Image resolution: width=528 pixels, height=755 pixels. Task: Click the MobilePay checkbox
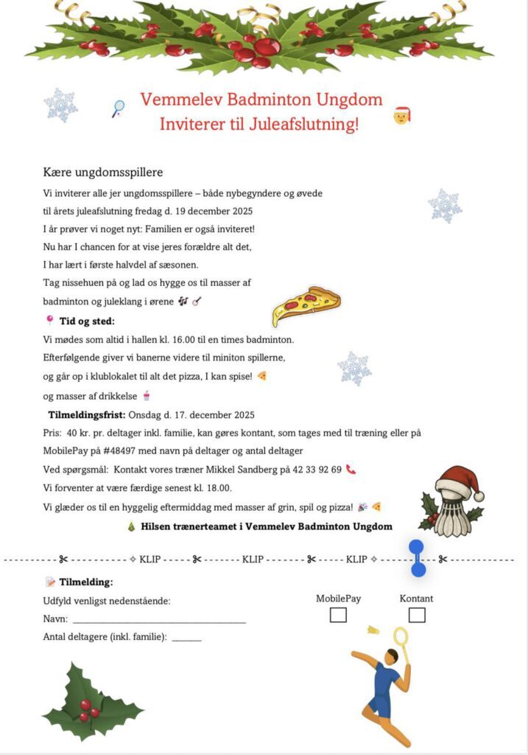338,614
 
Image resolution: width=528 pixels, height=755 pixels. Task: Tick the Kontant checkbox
417,614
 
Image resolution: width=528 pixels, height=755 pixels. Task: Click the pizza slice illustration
306,305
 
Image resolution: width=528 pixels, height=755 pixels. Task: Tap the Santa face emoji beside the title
401,115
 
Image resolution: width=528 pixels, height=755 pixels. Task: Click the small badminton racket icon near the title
118,109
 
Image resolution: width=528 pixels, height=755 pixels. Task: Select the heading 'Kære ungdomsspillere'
103,173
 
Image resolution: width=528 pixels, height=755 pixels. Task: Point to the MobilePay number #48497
127,450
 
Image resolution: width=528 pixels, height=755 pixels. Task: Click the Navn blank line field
158,619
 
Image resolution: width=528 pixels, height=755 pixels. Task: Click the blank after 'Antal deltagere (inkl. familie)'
186,637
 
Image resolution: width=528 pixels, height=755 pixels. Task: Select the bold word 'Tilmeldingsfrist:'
87,414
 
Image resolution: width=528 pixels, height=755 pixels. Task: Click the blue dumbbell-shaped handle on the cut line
418,558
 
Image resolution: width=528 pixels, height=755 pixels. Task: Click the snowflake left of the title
61,105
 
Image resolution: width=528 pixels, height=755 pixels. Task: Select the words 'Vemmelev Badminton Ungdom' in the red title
261,100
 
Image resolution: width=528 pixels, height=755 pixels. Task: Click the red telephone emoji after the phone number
351,469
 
